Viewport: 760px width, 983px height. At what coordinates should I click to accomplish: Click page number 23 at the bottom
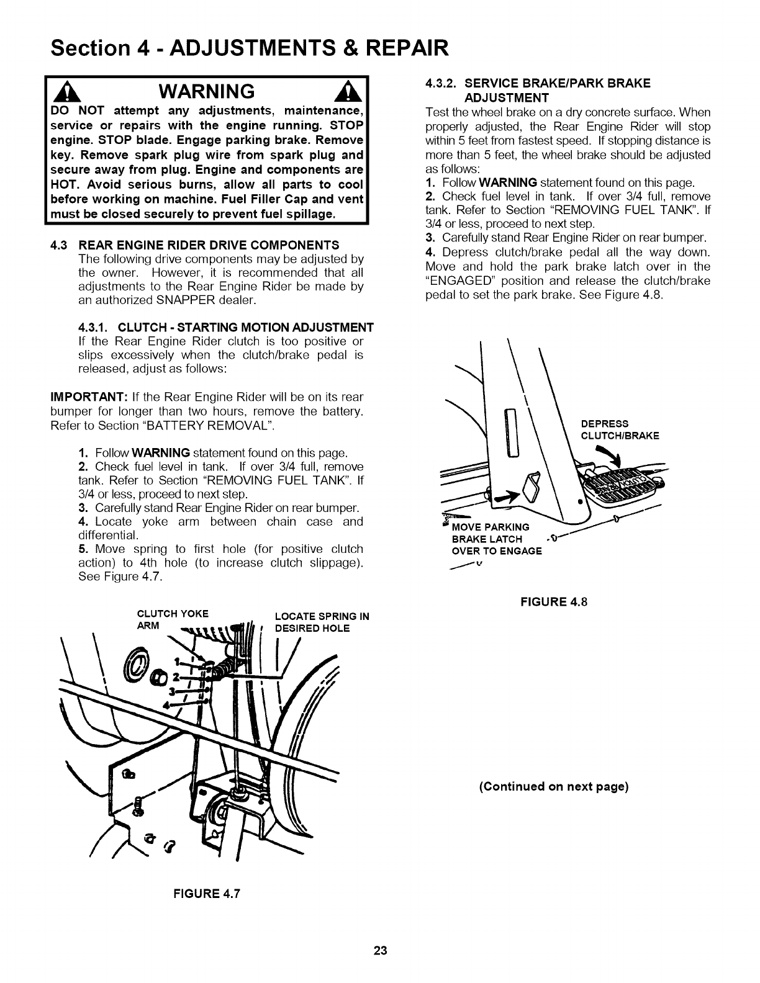coord(380,951)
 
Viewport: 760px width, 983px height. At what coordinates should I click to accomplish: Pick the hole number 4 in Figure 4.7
coord(166,705)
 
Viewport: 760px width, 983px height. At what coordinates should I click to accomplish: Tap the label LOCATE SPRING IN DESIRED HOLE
coord(322,622)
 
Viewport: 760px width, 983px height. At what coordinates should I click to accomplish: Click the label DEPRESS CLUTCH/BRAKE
coord(619,429)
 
